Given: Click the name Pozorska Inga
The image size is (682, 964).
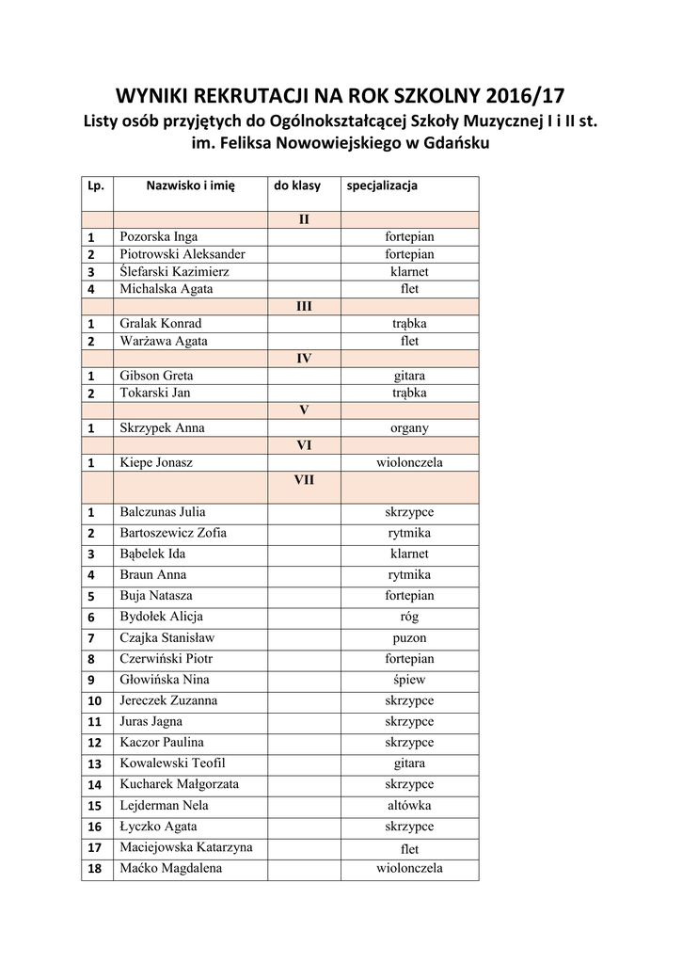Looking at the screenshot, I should point(158,236).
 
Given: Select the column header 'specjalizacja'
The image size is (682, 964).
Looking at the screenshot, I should point(382,185).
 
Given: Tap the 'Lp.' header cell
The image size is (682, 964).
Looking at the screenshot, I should point(95,185).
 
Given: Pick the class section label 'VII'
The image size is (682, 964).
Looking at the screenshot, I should point(303,479).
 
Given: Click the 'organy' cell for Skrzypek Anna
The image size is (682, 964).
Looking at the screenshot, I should point(409,427).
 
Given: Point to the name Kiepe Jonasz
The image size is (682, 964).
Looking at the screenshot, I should point(156,463).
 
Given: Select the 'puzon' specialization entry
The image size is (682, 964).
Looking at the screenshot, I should point(409,637).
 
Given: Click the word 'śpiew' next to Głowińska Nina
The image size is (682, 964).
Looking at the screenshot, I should point(409,680).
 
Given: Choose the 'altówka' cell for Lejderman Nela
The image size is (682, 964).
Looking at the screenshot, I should point(409,806).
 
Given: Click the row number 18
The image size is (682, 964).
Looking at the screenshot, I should point(94,869).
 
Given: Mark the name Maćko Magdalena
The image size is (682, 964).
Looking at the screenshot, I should point(170,868).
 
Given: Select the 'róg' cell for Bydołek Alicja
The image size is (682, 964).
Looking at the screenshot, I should point(409,617).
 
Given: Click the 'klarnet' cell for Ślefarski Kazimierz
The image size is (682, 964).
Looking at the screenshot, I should point(409,271).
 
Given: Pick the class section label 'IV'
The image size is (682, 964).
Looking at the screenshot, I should point(304,359).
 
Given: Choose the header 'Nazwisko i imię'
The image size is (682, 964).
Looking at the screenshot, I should point(190,185).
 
